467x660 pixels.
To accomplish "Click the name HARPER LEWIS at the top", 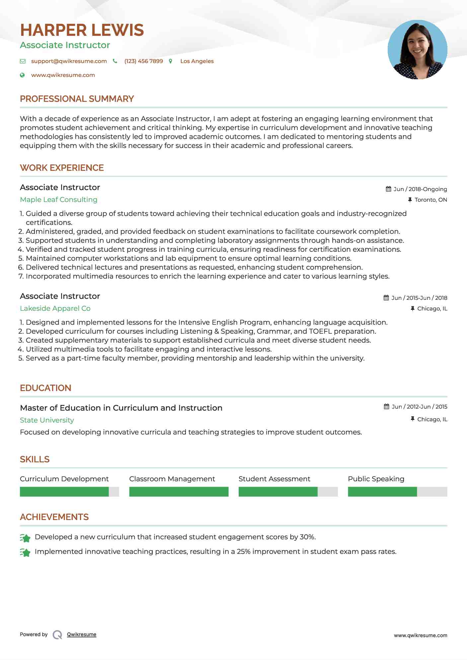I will (82, 30).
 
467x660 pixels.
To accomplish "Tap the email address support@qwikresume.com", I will (69, 61).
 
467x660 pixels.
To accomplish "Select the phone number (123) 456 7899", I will (143, 61).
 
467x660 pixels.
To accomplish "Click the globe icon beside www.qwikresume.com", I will (22, 75).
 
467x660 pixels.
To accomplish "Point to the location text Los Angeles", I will (197, 61).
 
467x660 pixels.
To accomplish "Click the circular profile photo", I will (417, 50).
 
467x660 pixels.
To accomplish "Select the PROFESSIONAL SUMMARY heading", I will (77, 99).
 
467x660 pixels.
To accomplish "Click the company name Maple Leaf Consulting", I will (58, 200).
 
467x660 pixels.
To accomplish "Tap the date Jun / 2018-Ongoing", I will (420, 189).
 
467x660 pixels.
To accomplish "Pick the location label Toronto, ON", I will (430, 200).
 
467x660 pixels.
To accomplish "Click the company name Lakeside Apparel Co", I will (55, 308).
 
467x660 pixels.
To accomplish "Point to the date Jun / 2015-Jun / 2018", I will (419, 298).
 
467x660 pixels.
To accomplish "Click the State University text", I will (47, 420).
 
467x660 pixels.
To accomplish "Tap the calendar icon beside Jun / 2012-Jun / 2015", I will (386, 407).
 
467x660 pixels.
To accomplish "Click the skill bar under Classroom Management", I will (179, 492).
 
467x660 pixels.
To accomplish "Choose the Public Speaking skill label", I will (376, 479).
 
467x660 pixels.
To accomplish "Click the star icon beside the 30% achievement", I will (25, 538).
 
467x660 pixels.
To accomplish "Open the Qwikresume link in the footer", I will (81, 634).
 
